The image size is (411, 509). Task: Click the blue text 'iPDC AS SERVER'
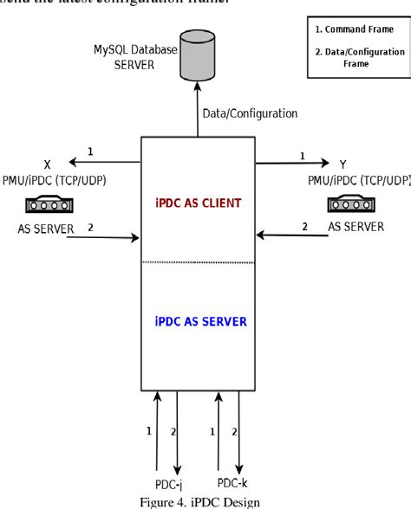pyautogui.click(x=199, y=321)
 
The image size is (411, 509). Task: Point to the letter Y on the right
pyautogui.click(x=344, y=163)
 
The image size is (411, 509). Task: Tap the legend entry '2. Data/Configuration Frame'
pyautogui.click(x=358, y=58)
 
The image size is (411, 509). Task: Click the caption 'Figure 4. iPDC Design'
pyautogui.click(x=205, y=500)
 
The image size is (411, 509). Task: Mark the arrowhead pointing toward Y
pyautogui.click(x=325, y=161)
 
